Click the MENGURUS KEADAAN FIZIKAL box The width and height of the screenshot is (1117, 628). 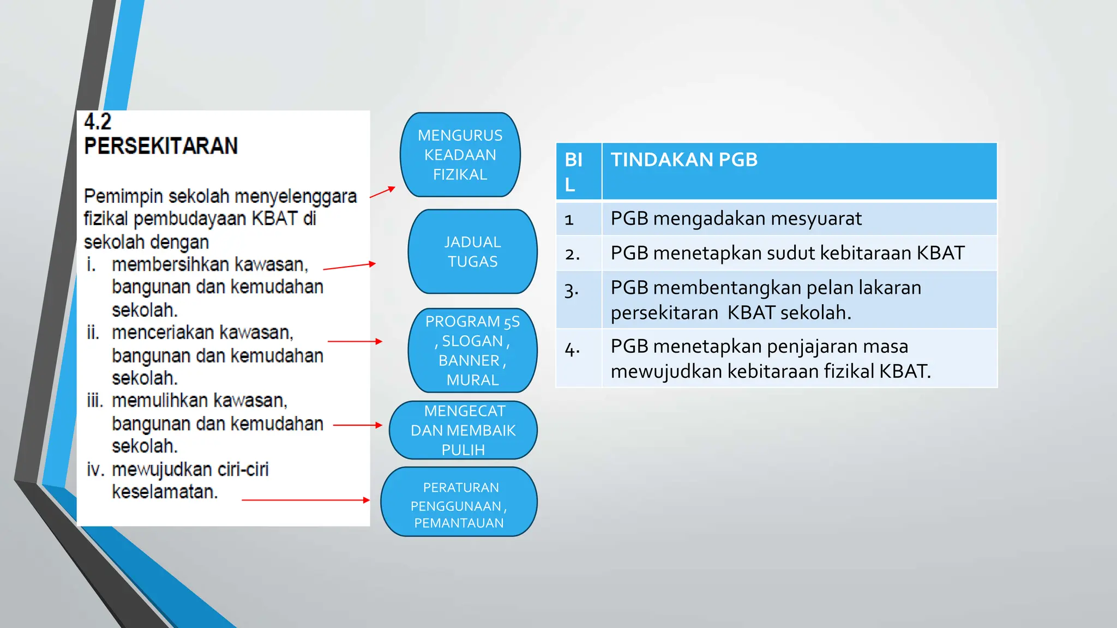point(460,155)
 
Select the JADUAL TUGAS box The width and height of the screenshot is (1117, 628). point(472,252)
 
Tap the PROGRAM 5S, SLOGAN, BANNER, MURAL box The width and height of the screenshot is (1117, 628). point(472,351)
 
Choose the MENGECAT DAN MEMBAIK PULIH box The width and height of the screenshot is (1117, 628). point(463,430)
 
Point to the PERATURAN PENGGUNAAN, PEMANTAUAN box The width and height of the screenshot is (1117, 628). point(459,502)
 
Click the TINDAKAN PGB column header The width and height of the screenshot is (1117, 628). point(798,171)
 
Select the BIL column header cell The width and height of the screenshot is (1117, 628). point(578,171)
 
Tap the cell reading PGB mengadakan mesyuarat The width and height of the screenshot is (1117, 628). point(798,219)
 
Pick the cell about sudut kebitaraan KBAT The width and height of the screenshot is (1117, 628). point(798,253)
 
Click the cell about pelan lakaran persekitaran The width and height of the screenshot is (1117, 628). point(798,300)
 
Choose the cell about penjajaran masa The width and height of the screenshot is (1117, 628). point(798,358)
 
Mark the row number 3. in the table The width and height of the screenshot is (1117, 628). point(572,289)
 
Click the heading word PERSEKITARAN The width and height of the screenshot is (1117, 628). point(161,146)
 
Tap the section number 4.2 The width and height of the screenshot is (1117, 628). point(98,122)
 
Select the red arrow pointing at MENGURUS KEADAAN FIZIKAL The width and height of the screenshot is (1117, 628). point(382,192)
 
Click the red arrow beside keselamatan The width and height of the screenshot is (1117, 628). point(305,500)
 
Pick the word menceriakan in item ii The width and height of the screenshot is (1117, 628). point(164,333)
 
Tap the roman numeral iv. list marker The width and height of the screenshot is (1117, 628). point(95,469)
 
